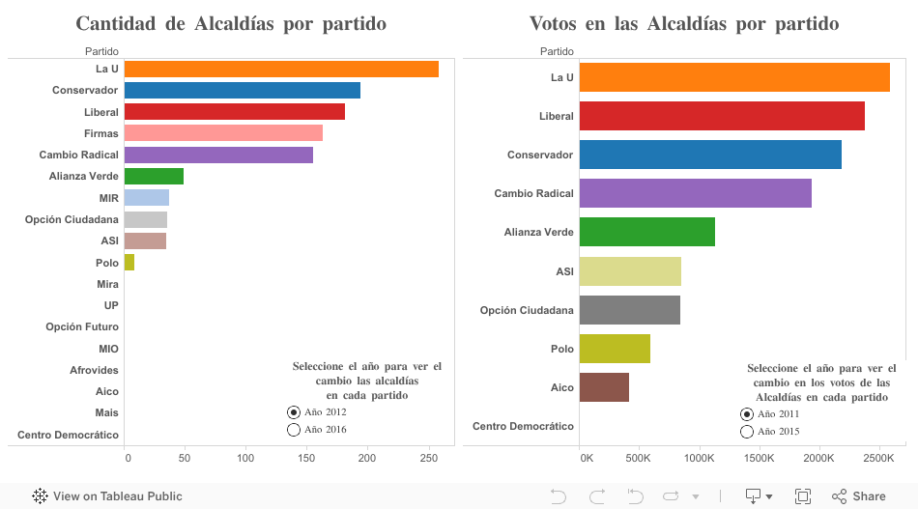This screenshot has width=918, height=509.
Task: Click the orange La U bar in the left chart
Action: (281, 69)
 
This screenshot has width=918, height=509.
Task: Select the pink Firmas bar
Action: (223, 133)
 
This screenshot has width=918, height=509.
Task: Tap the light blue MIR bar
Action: (147, 198)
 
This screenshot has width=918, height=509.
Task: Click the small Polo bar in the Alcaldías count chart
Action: (129, 263)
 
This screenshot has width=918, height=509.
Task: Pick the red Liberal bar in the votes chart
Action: (722, 116)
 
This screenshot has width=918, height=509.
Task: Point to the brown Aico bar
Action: (604, 387)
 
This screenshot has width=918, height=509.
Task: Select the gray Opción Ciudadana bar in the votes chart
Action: (629, 310)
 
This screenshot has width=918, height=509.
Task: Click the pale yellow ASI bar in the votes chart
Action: (630, 271)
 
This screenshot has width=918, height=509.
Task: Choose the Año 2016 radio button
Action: (294, 430)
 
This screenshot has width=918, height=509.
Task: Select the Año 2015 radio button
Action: (747, 432)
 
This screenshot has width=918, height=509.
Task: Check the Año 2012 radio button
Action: (294, 412)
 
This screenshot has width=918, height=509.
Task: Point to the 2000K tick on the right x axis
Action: (819, 458)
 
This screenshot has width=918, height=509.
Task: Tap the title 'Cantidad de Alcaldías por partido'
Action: (231, 23)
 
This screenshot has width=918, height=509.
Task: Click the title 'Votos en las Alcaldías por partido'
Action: (684, 23)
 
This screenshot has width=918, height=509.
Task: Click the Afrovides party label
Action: (94, 370)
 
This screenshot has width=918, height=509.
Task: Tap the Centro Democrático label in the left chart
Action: (68, 435)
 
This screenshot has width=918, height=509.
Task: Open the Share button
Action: (859, 496)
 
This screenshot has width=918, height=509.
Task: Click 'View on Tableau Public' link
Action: (107, 496)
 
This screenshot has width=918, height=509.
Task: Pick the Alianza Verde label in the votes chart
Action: (538, 232)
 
